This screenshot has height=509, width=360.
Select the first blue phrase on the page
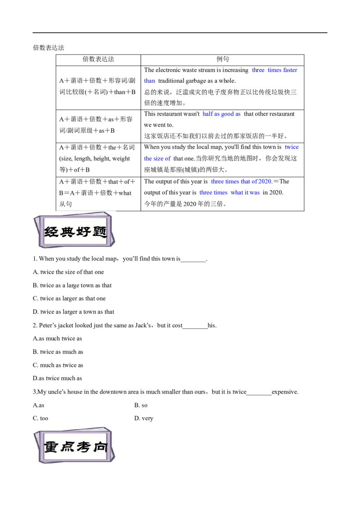275,70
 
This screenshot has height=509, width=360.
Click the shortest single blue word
150,81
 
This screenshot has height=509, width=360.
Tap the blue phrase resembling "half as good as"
221,114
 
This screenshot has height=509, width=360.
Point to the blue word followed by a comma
292,147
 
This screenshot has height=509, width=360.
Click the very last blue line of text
229,192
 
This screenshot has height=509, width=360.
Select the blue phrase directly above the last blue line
241,182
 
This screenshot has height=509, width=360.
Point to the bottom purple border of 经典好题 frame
74,246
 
